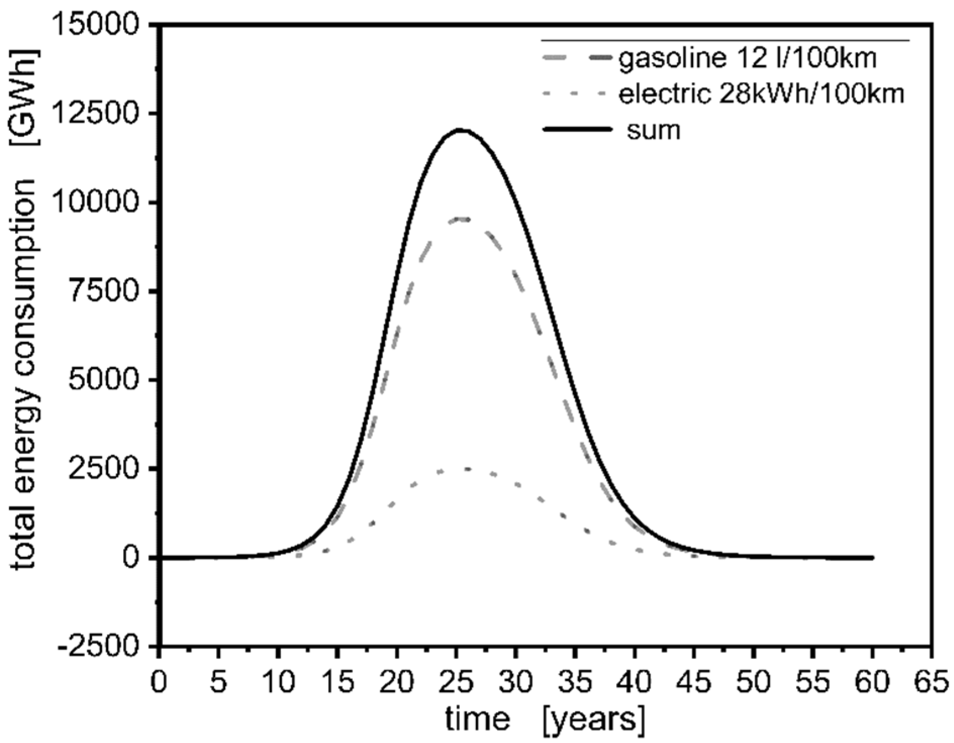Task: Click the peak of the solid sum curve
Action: [x=461, y=130]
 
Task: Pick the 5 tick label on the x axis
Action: [x=218, y=683]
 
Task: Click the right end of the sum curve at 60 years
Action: [x=872, y=558]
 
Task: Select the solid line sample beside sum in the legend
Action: [x=576, y=130]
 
